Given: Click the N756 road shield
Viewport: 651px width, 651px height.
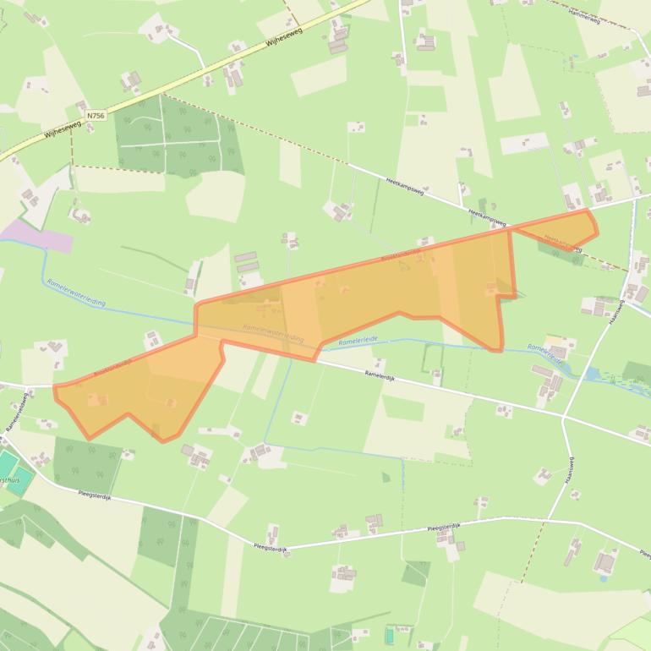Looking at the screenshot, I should coord(96,113).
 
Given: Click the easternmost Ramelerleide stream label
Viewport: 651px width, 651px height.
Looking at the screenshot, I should coord(544,353).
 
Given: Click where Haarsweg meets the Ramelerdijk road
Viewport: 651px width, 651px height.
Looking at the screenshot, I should coord(564,415).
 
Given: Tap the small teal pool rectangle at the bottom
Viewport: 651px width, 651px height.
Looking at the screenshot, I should coord(389,633).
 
